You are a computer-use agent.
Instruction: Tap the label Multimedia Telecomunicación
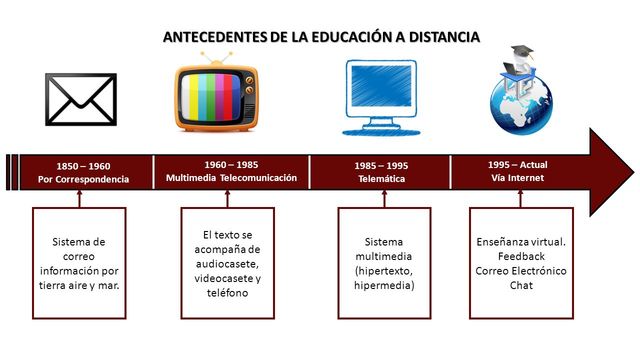tap(231, 178)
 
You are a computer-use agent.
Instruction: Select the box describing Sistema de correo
tap(80, 263)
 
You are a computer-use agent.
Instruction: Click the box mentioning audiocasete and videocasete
tap(231, 263)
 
